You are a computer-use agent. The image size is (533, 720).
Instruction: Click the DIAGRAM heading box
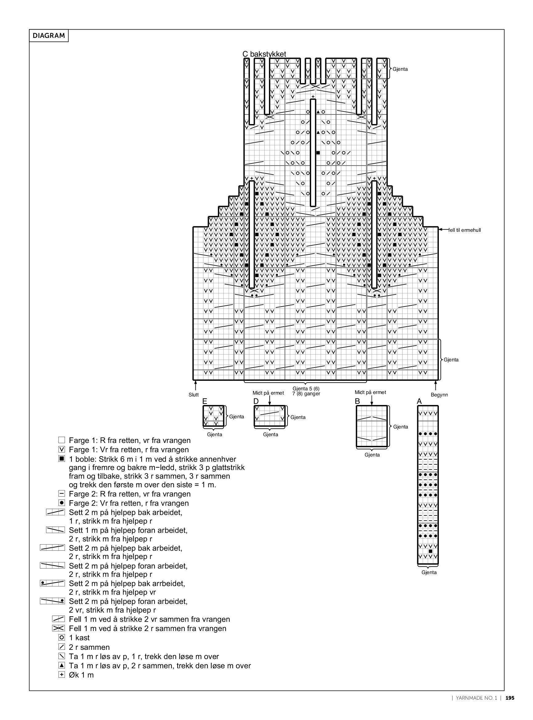pyautogui.click(x=49, y=36)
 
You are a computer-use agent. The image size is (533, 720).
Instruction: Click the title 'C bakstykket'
pyautogui.click(x=264, y=54)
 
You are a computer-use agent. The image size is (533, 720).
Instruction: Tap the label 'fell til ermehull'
pyautogui.click(x=465, y=230)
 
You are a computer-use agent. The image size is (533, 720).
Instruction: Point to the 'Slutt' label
pyautogui.click(x=194, y=395)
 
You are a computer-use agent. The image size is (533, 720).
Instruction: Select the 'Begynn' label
pyautogui.click(x=439, y=395)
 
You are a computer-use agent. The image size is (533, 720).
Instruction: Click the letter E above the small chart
pyautogui.click(x=205, y=401)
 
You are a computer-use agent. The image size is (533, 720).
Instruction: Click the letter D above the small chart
pyautogui.click(x=256, y=401)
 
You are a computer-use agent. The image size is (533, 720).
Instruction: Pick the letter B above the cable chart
pyautogui.click(x=358, y=401)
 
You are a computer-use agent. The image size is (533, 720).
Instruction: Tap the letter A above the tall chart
pyautogui.click(x=419, y=401)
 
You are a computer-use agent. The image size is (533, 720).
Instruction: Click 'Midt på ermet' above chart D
pyautogui.click(x=268, y=393)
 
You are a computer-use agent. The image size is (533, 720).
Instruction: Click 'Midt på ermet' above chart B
pyautogui.click(x=371, y=392)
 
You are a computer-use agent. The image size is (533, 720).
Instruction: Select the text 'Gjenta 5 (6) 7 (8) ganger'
pyautogui.click(x=306, y=391)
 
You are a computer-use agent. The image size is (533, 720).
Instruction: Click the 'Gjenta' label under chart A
pyautogui.click(x=429, y=572)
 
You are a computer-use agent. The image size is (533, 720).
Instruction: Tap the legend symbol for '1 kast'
pyautogui.click(x=62, y=638)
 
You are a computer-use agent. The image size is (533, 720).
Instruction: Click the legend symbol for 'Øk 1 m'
pyautogui.click(x=62, y=674)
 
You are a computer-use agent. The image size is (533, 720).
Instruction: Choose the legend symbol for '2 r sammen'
pyautogui.click(x=62, y=647)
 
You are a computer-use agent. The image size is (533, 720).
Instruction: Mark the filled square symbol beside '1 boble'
pyautogui.click(x=62, y=459)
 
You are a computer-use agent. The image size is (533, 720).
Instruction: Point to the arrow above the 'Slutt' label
pyautogui.click(x=195, y=386)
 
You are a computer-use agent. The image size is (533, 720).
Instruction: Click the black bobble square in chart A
pyautogui.click(x=431, y=551)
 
